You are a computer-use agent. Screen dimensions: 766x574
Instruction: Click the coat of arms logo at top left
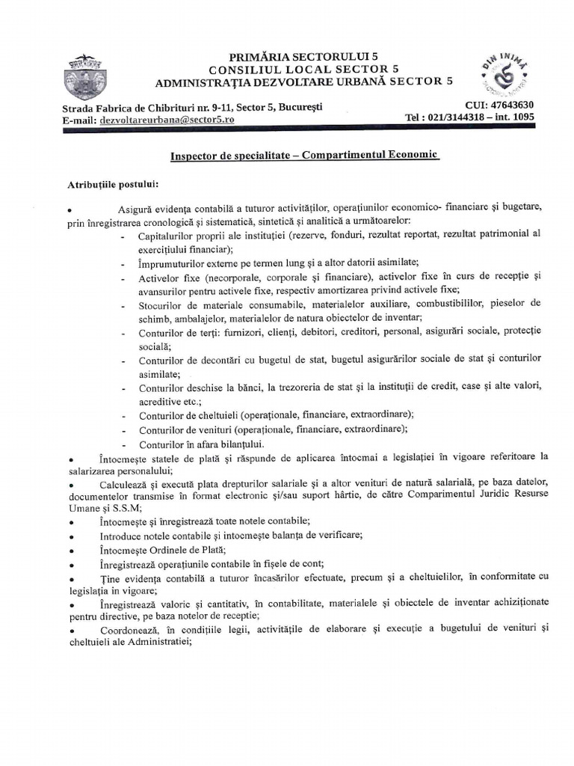(x=87, y=76)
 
